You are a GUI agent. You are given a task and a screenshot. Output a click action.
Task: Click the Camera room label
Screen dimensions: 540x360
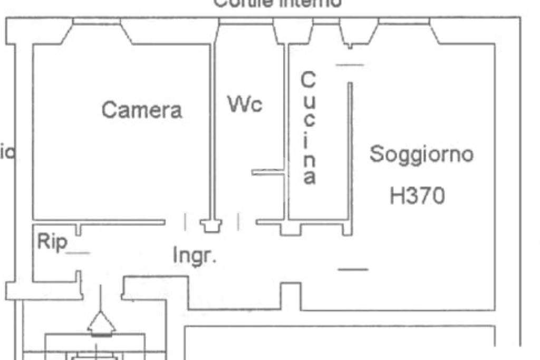coord(142,110)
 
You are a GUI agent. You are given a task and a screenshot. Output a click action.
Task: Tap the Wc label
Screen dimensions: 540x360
coord(245,104)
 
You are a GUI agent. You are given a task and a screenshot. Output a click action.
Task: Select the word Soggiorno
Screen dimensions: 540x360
coord(421,154)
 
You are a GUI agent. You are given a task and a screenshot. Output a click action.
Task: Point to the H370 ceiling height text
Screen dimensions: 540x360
coord(417,196)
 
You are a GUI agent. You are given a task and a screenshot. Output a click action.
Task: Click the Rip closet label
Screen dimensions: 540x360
coord(52,242)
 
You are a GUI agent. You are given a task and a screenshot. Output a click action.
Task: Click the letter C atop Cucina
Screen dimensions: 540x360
coord(308,81)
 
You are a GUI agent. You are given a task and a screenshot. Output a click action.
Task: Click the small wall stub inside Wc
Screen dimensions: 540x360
coord(268,172)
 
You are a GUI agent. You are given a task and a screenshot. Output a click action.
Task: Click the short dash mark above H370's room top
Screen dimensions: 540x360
coord(350,65)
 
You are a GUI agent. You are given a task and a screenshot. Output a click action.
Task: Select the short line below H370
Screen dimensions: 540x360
coord(353,269)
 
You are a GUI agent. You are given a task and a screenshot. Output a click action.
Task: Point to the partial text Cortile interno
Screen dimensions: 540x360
coord(277,3)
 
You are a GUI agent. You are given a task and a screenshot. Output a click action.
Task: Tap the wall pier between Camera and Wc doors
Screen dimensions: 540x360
coord(211,226)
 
